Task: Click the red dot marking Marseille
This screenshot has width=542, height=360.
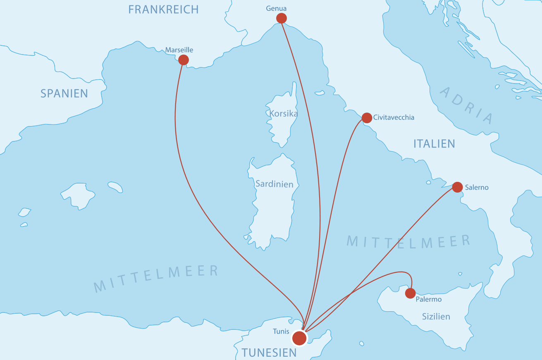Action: [x=184, y=60]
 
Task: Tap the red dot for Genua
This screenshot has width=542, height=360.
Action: [x=282, y=18]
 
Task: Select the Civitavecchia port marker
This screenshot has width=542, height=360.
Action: [x=367, y=118]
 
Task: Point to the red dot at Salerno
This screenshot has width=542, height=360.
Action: [x=457, y=187]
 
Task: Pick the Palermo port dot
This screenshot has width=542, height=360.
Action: [x=410, y=293]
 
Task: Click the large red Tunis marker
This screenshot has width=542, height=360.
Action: [x=299, y=338]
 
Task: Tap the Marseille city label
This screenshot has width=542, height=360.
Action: [x=179, y=50]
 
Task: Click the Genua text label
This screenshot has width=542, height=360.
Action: [x=276, y=8]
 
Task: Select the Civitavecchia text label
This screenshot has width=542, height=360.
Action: [x=394, y=117]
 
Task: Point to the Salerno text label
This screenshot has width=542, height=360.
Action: [x=477, y=187]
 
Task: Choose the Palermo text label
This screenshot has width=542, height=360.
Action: [x=429, y=299]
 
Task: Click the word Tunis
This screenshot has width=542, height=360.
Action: [x=281, y=331]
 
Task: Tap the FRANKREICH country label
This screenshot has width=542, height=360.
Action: [x=163, y=10]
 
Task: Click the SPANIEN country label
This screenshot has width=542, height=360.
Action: [x=64, y=93]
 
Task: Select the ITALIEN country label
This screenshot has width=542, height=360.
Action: [x=434, y=143]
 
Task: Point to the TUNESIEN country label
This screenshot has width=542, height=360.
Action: [x=269, y=353]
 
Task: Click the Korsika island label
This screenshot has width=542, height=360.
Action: [x=283, y=113]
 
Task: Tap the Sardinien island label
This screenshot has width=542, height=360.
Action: [x=274, y=184]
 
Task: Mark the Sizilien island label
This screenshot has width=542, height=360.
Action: [x=436, y=317]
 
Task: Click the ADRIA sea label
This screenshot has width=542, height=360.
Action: [x=467, y=105]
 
